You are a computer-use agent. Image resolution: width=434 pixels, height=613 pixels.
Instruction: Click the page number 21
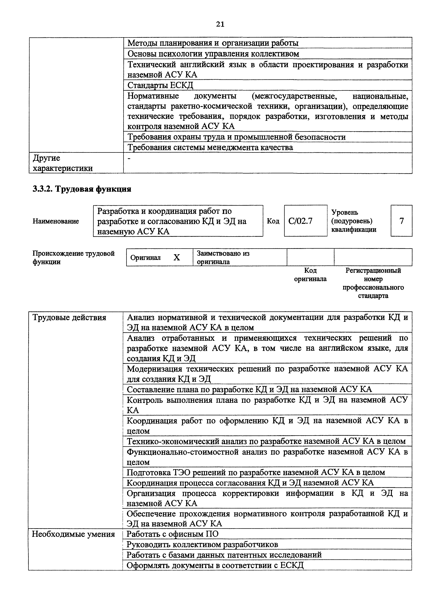point(220,24)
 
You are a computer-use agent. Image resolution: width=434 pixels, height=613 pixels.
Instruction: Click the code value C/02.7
point(300,221)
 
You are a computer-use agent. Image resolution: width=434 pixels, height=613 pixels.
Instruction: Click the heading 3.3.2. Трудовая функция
point(82,189)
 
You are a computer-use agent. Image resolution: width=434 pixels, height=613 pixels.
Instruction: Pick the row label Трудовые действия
point(69,318)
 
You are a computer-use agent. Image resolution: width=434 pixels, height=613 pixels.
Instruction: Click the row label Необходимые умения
point(73,534)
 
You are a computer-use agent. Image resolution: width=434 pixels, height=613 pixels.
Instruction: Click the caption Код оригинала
point(310,275)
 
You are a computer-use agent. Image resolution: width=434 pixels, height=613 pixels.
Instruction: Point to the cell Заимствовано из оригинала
point(223,257)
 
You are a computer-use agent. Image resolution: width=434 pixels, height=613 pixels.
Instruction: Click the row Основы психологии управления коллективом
point(213,54)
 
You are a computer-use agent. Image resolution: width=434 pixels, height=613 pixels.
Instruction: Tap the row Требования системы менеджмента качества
point(210,147)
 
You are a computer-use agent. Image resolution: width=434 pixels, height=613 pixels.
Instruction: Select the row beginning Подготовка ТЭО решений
point(256,472)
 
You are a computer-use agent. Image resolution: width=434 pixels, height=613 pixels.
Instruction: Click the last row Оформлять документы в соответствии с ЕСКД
point(215,565)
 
